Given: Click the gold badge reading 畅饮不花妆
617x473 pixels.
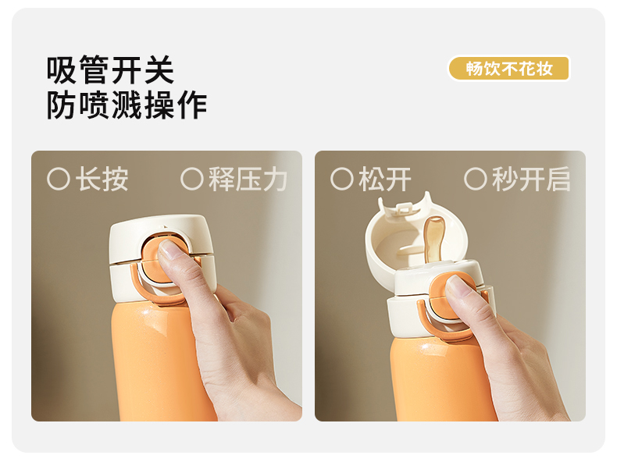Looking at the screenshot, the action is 509,69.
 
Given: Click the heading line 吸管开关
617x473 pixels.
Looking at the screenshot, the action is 111,70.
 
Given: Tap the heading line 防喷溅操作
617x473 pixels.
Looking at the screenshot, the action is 127,105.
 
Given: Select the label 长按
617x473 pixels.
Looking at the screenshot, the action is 102,180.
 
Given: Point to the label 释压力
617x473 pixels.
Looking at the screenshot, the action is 248,180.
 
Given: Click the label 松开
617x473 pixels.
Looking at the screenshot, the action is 385,180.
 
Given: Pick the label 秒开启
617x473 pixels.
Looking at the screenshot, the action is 531,180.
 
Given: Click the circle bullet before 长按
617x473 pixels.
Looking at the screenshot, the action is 59,180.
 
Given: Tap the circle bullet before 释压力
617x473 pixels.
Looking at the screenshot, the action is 192,180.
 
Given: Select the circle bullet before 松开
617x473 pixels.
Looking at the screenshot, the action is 342,180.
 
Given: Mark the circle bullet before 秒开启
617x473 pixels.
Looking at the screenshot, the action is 476,180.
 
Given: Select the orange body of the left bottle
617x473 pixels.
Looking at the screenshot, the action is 162,361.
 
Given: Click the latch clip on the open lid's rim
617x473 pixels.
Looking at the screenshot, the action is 406,208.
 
